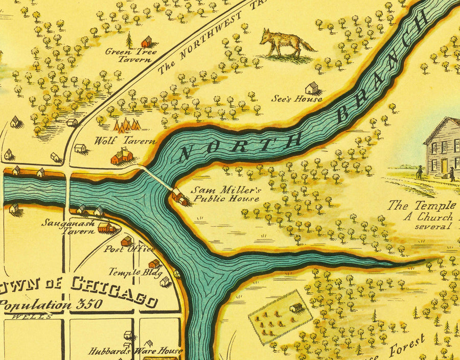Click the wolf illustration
(286, 43)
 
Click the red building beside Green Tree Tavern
(147, 41)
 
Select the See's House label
(304, 99)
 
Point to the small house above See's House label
(312, 88)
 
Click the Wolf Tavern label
(118, 141)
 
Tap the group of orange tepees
(127, 125)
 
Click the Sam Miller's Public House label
(226, 194)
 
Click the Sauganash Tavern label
(67, 227)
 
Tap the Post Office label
(129, 249)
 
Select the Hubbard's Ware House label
(135, 351)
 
